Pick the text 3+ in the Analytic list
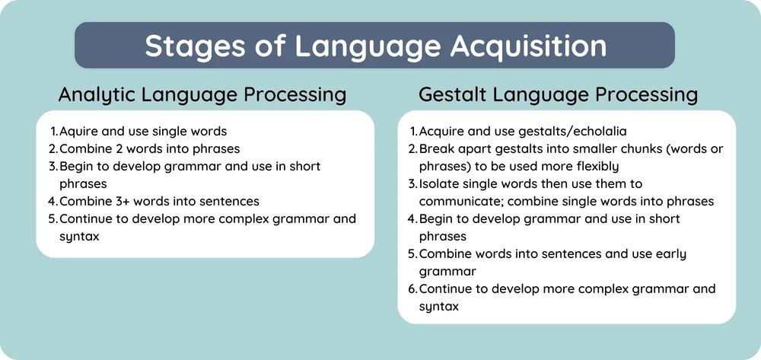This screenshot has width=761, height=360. (117, 201)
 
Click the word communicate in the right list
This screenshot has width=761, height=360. (460, 201)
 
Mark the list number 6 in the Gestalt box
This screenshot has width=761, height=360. (412, 289)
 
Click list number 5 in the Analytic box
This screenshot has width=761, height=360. (53, 219)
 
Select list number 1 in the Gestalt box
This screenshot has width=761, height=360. (413, 131)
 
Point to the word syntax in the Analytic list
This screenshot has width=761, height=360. (79, 237)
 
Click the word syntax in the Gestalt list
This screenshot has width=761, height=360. (439, 306)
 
